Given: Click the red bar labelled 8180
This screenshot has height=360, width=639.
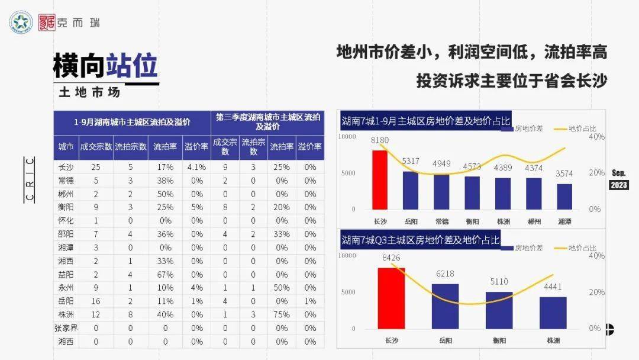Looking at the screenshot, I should click(380, 180).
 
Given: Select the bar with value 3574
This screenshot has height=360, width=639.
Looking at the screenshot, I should click(564, 197).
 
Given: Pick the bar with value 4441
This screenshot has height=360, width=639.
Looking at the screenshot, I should click(553, 313).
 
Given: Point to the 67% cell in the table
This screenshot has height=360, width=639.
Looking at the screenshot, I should click(165, 274).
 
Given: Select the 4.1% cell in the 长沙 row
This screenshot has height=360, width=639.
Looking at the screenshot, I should click(196, 167).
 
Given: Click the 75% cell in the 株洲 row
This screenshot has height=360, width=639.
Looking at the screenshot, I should click(282, 314).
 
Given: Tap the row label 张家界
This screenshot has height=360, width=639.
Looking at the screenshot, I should click(66, 328).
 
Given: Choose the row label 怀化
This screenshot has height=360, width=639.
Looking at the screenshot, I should click(66, 221).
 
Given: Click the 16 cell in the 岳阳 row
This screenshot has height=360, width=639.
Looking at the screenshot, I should click(96, 301).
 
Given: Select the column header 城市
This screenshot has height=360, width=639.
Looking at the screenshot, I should click(66, 146).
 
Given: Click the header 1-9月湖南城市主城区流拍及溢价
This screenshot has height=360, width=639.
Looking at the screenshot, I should click(132, 123).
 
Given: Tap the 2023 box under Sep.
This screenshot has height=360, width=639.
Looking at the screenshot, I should click(619, 185).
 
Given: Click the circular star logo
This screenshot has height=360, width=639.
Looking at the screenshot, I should click(21, 22).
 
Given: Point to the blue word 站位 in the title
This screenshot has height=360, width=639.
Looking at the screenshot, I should click(132, 65).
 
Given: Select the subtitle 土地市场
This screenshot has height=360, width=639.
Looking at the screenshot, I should click(89, 92).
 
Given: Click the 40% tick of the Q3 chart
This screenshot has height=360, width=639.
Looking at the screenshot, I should click(596, 256).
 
